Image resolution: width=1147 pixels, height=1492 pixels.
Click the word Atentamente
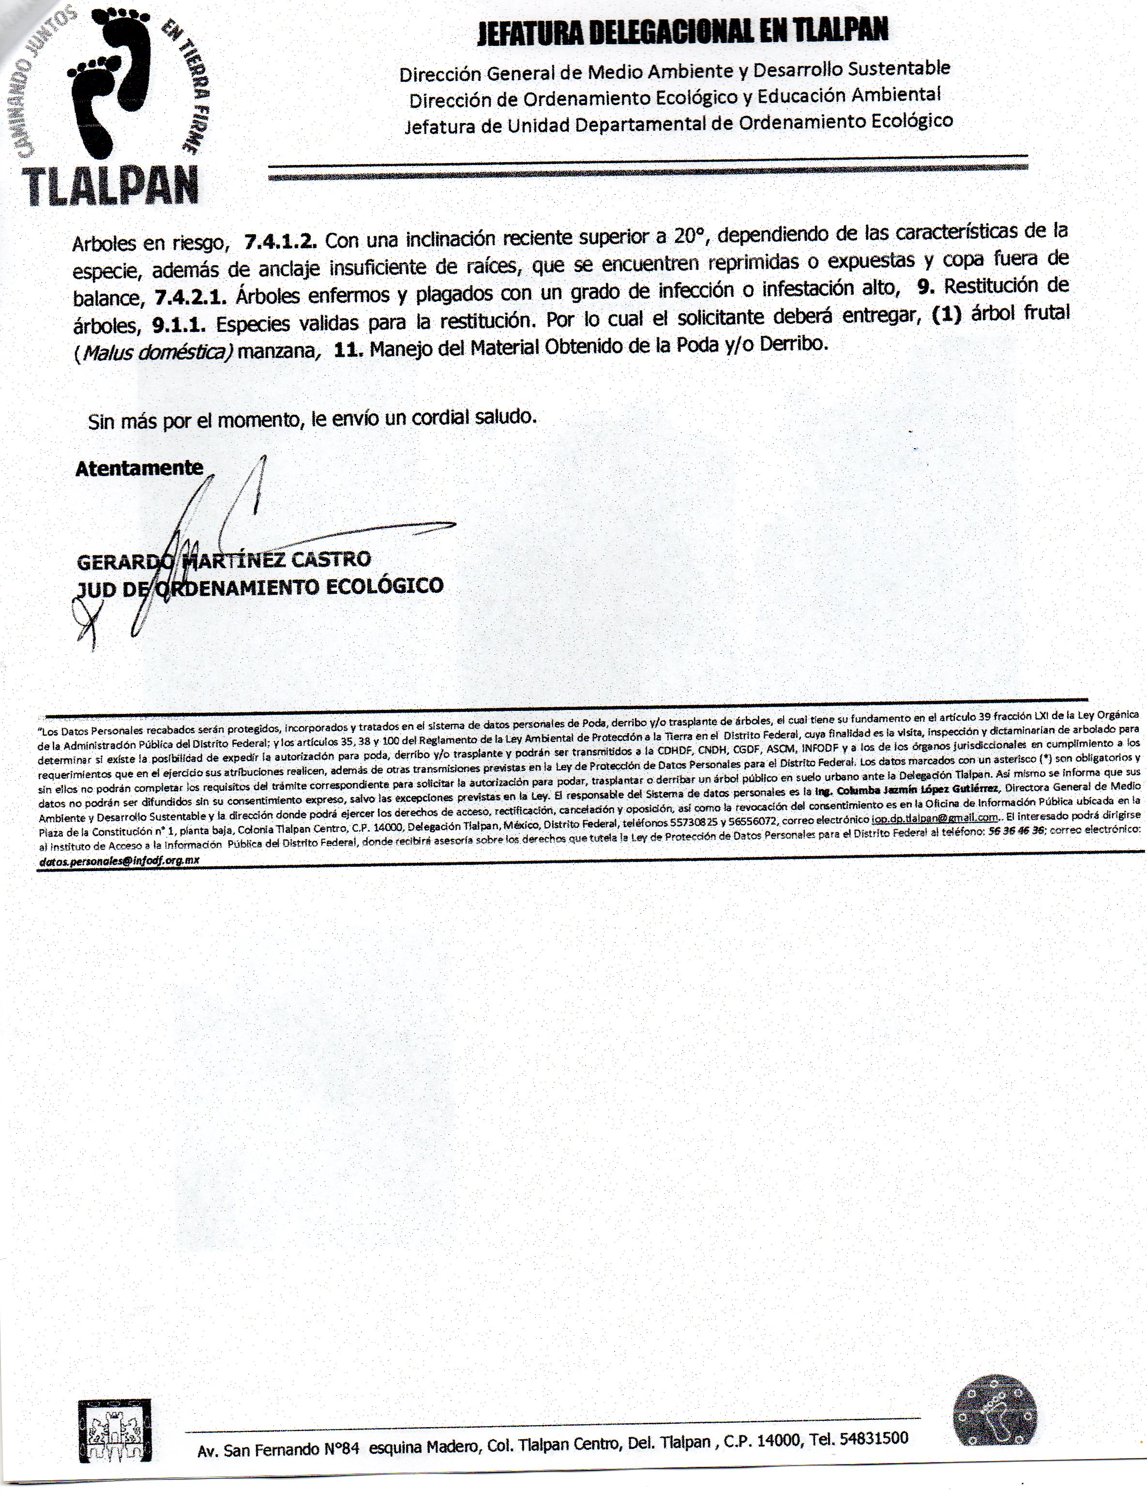coord(139,468)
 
